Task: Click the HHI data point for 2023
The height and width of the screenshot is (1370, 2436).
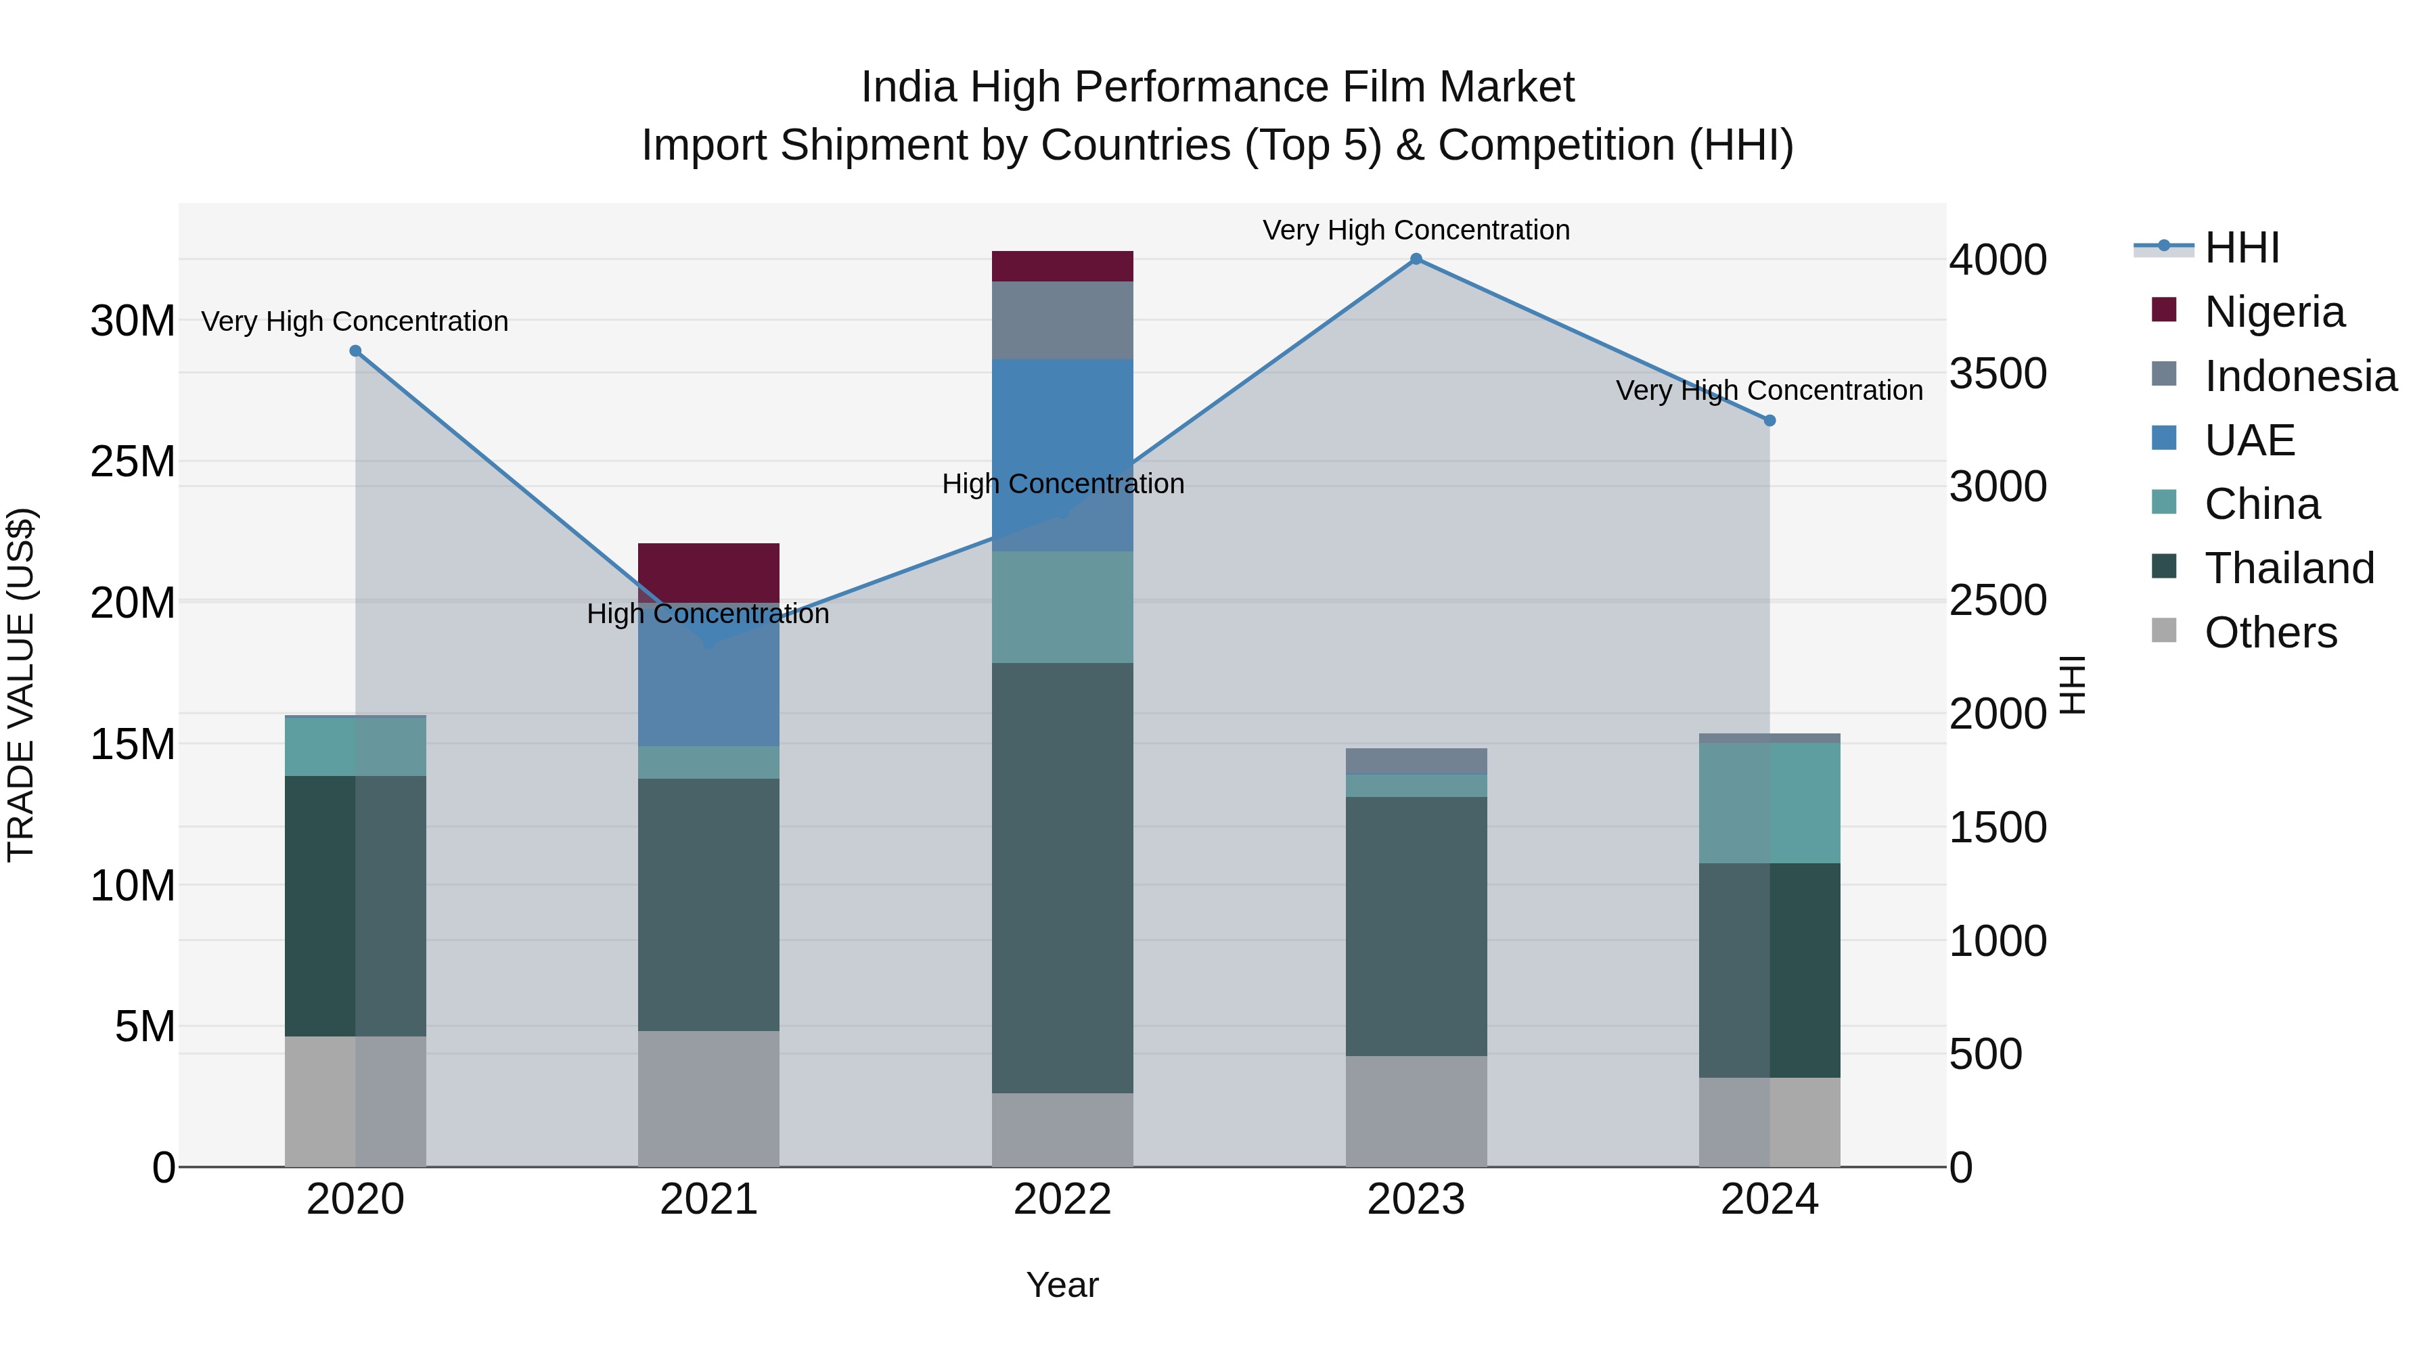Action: point(1416,259)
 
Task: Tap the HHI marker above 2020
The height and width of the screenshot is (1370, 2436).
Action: point(355,350)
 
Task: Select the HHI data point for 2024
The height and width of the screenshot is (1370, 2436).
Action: point(1769,421)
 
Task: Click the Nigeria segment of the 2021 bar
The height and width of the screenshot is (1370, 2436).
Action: point(708,571)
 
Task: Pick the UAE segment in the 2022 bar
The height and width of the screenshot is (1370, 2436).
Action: point(1062,454)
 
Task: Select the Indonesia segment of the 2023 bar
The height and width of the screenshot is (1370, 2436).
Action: point(1416,761)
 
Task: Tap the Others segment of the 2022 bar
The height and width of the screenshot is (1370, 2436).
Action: point(1062,1130)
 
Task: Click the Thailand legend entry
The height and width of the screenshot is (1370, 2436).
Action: point(2288,568)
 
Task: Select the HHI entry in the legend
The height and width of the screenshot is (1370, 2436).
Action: point(2241,248)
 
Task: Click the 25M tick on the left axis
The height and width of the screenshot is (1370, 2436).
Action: point(133,461)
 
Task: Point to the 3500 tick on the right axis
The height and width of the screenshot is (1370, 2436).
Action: point(1998,373)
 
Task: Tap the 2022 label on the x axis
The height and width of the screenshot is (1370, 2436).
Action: point(1062,1200)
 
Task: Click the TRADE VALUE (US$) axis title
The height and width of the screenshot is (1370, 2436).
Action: point(21,685)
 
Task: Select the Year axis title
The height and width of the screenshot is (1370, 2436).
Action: point(1062,1285)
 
